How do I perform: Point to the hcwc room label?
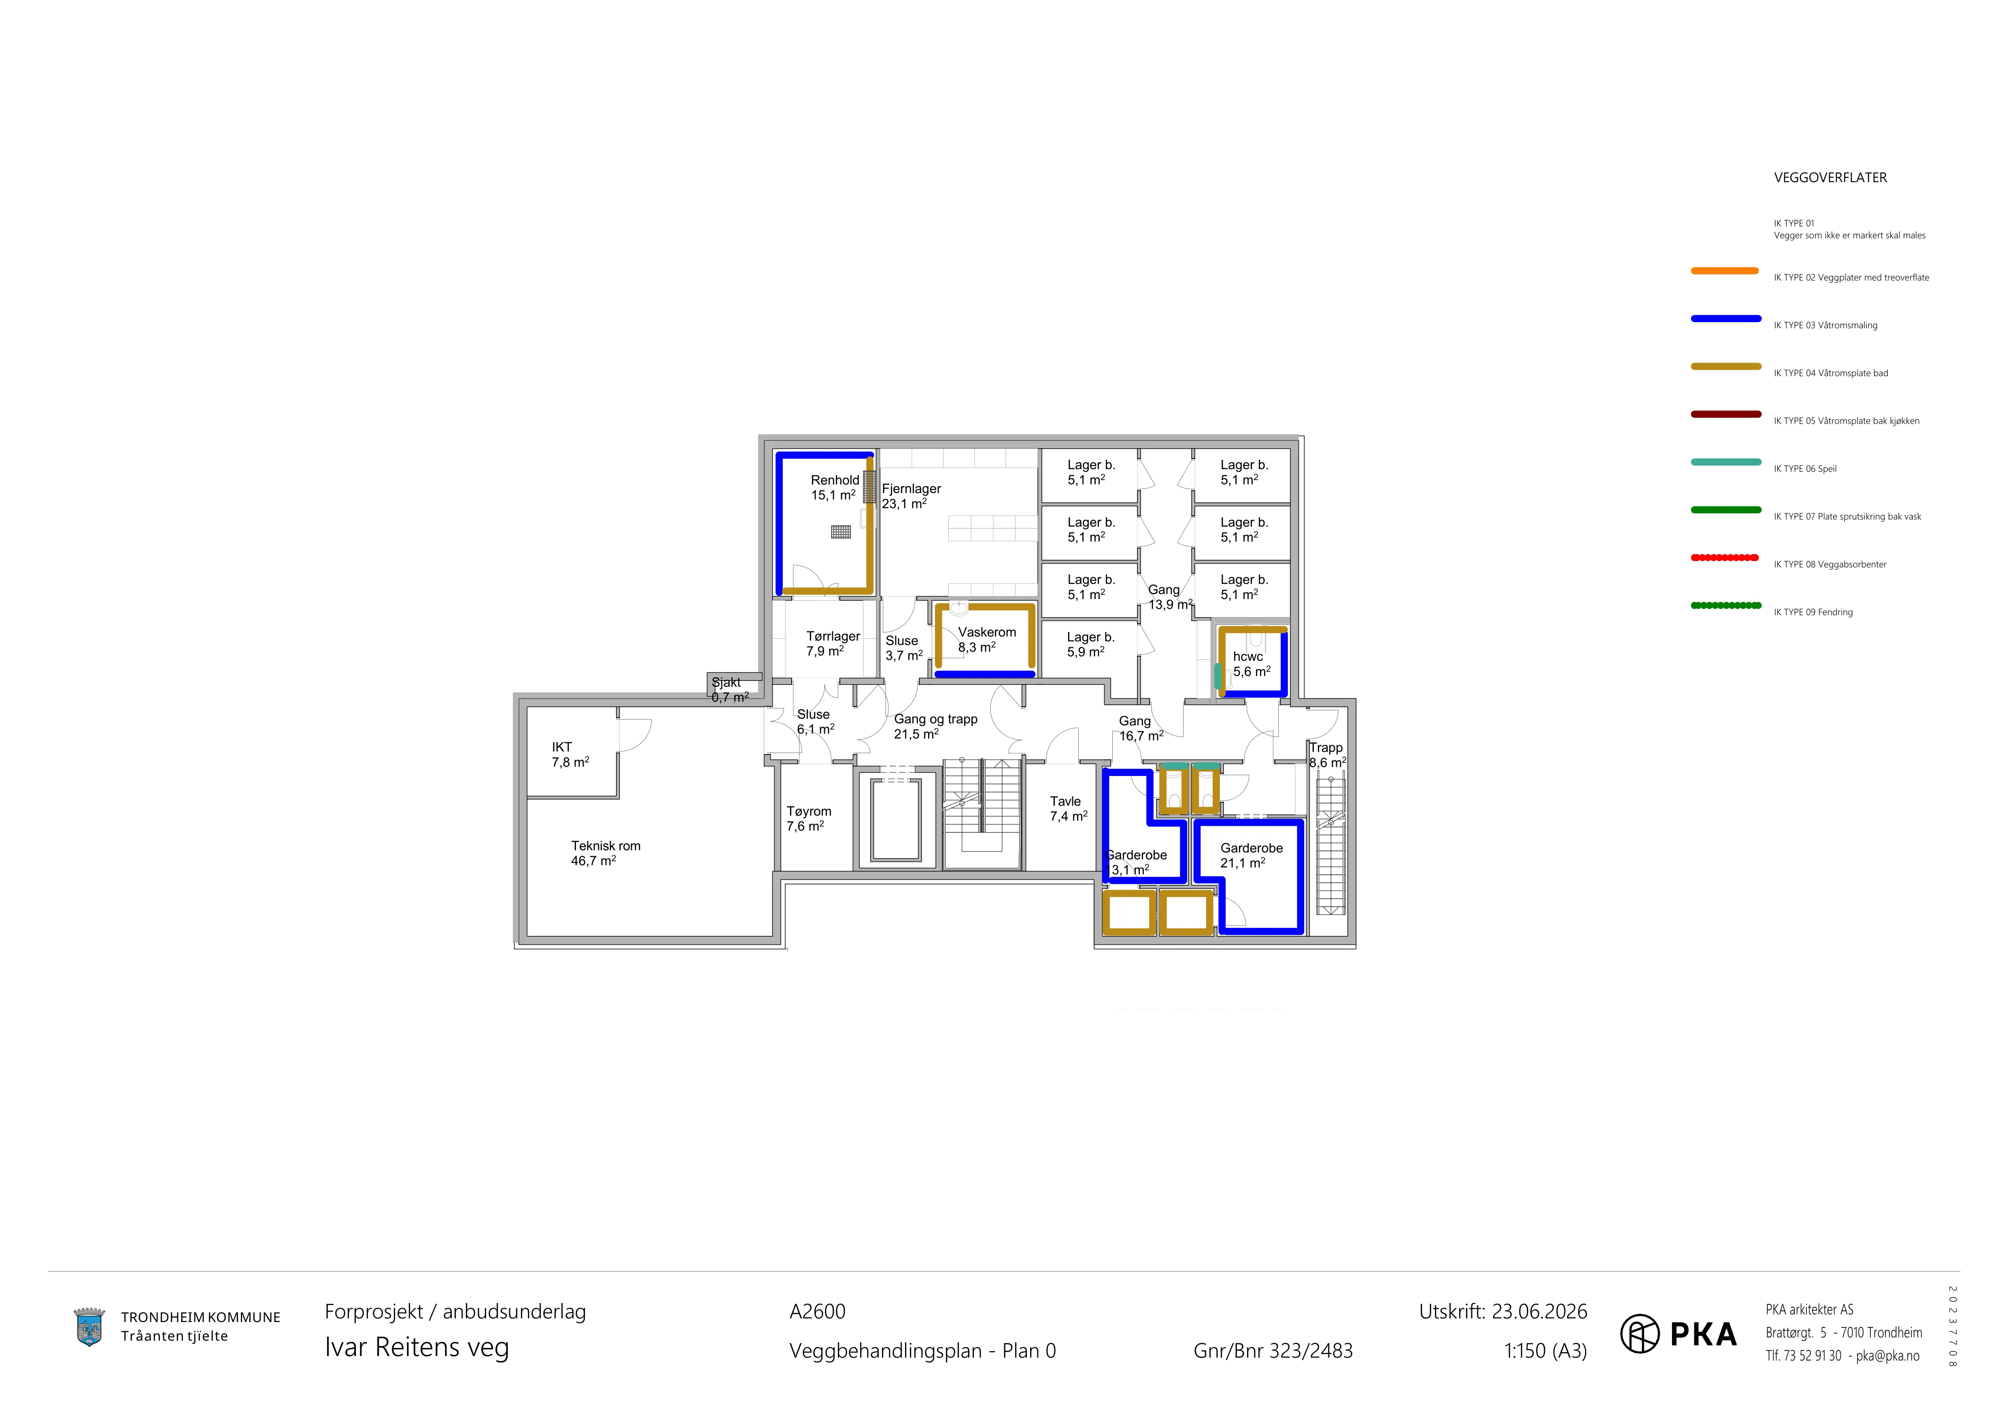(x=1248, y=657)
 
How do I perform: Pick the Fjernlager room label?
(x=911, y=489)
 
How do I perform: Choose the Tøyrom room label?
(x=809, y=812)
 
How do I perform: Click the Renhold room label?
(x=835, y=480)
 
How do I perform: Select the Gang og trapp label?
(x=936, y=720)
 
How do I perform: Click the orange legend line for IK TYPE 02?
(x=1725, y=271)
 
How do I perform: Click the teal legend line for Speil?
(x=1725, y=462)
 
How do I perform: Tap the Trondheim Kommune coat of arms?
(x=89, y=1327)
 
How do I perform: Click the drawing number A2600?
(x=818, y=1312)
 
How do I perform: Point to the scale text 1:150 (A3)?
(x=1545, y=1351)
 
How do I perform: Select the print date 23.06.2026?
(x=1539, y=1312)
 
